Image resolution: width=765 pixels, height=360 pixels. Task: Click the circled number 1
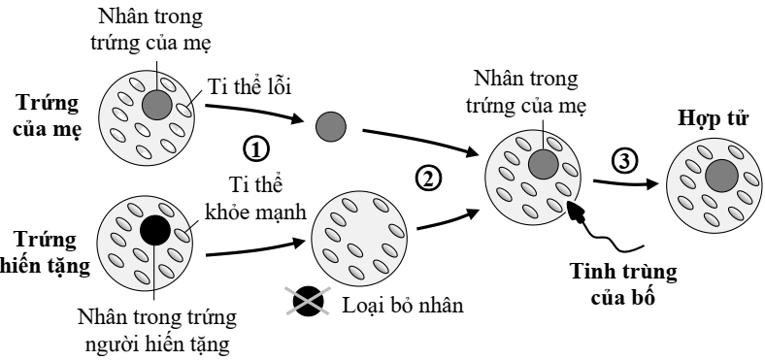click(255, 149)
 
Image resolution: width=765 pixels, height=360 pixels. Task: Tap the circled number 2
click(427, 177)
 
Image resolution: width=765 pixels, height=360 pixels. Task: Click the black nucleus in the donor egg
click(153, 230)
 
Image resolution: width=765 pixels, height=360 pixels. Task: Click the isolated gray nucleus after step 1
click(331, 125)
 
